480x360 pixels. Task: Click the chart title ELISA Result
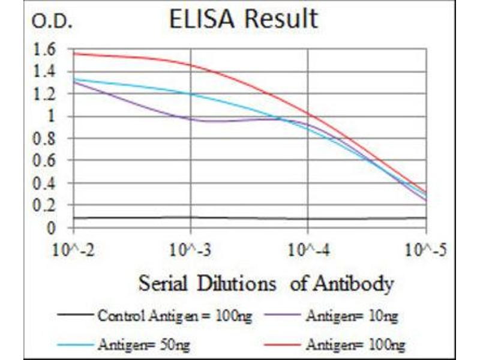pyautogui.click(x=243, y=19)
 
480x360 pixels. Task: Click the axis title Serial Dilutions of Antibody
pyautogui.click(x=266, y=283)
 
